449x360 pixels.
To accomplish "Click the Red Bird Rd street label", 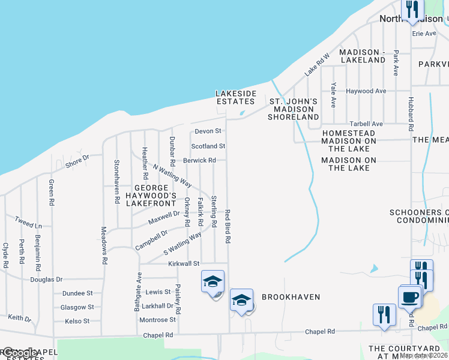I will click(228, 226).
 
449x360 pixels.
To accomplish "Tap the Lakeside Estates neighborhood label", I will click(236, 97).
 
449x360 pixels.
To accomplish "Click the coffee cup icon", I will click(409, 296).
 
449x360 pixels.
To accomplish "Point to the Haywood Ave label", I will click(366, 91).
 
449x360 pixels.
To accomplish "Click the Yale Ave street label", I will click(333, 94).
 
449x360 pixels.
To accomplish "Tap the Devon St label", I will click(208, 131).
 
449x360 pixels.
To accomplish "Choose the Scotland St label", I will click(208, 146).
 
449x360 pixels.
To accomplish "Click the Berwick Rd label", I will click(199, 161).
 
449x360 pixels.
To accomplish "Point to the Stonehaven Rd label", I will click(116, 173).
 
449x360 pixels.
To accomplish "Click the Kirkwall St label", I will click(183, 263).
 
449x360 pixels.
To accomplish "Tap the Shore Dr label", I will click(77, 161).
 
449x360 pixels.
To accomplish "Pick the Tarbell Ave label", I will click(366, 123).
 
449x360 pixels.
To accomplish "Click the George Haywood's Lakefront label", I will click(151, 195).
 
